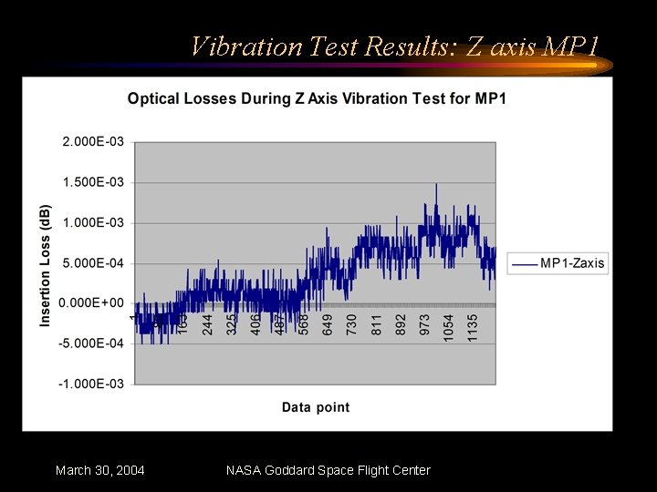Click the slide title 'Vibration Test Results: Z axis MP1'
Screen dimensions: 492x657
click(394, 46)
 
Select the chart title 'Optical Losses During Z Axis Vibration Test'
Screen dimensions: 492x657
click(316, 97)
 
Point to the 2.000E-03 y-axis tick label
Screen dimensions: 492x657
click(93, 142)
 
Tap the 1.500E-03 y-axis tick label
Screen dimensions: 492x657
click(93, 182)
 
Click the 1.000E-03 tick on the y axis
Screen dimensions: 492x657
click(93, 222)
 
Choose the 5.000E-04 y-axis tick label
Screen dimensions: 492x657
click(93, 263)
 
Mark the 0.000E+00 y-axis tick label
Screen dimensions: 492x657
click(93, 303)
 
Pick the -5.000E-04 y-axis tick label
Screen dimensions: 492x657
click(91, 343)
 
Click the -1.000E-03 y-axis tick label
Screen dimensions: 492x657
click(91, 384)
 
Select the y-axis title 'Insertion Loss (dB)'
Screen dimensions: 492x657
click(46, 264)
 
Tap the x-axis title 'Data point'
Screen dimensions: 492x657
click(315, 407)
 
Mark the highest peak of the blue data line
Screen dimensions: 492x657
click(435, 185)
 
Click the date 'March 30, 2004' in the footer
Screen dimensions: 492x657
click(99, 470)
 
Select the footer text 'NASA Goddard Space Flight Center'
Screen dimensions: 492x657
click(328, 470)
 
